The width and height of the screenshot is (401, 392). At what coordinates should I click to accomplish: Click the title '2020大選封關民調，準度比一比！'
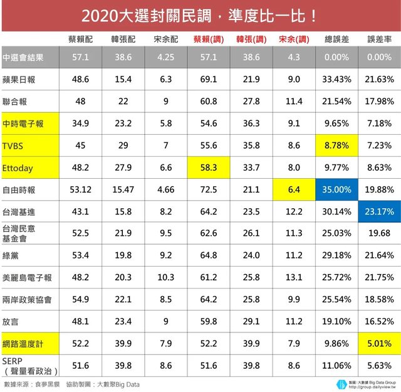point(200,14)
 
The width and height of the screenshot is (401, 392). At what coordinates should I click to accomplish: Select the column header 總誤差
point(336,40)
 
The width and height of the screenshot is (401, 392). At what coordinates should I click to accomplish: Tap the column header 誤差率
point(380,40)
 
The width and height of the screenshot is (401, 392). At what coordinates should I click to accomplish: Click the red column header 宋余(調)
point(294,40)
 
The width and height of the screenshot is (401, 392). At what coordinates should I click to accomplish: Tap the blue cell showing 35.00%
point(336,190)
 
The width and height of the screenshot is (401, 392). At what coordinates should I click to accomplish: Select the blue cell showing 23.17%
point(380,211)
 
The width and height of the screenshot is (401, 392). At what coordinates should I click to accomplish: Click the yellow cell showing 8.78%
point(336,146)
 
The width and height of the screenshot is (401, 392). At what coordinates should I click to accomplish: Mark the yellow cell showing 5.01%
point(380,344)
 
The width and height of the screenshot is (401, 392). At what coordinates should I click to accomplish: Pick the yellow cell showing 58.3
point(208,168)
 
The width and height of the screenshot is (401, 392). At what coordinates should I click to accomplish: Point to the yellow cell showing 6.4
point(294,190)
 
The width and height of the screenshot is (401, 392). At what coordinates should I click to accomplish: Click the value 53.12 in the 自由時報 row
point(80,190)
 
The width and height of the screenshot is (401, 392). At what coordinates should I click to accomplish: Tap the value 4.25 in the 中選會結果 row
point(166,57)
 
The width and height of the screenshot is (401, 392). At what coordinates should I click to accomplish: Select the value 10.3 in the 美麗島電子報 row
point(166,277)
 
